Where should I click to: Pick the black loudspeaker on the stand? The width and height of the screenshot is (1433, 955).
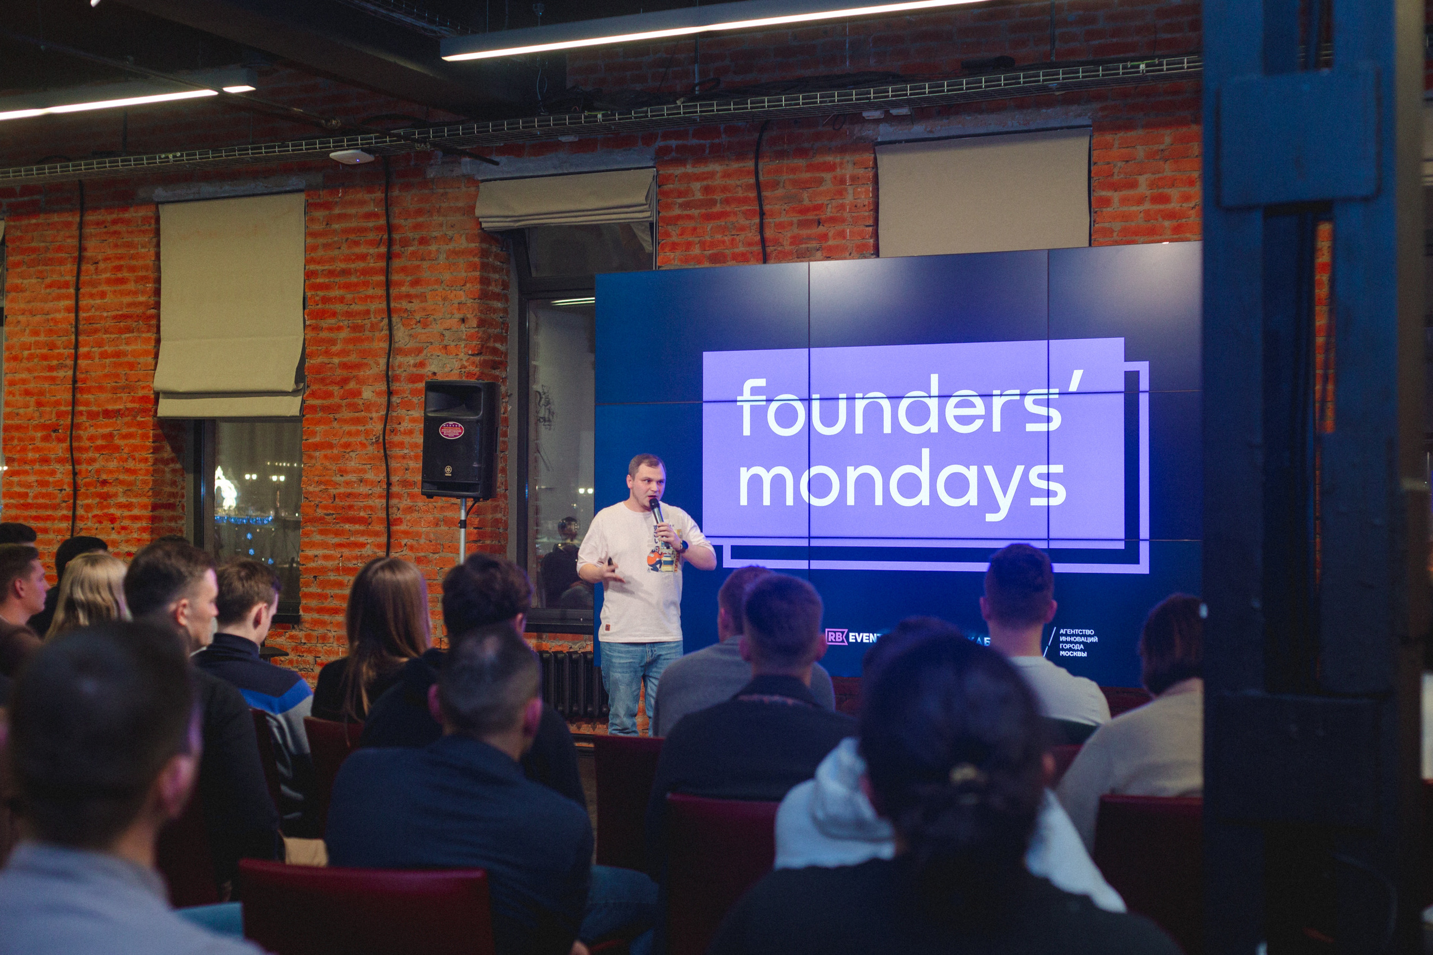coord(460,439)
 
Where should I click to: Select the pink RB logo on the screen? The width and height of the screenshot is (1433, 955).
coord(836,637)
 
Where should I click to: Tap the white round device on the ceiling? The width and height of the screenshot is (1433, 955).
coord(352,157)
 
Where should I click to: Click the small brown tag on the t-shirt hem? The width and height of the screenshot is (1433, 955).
coord(608,627)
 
